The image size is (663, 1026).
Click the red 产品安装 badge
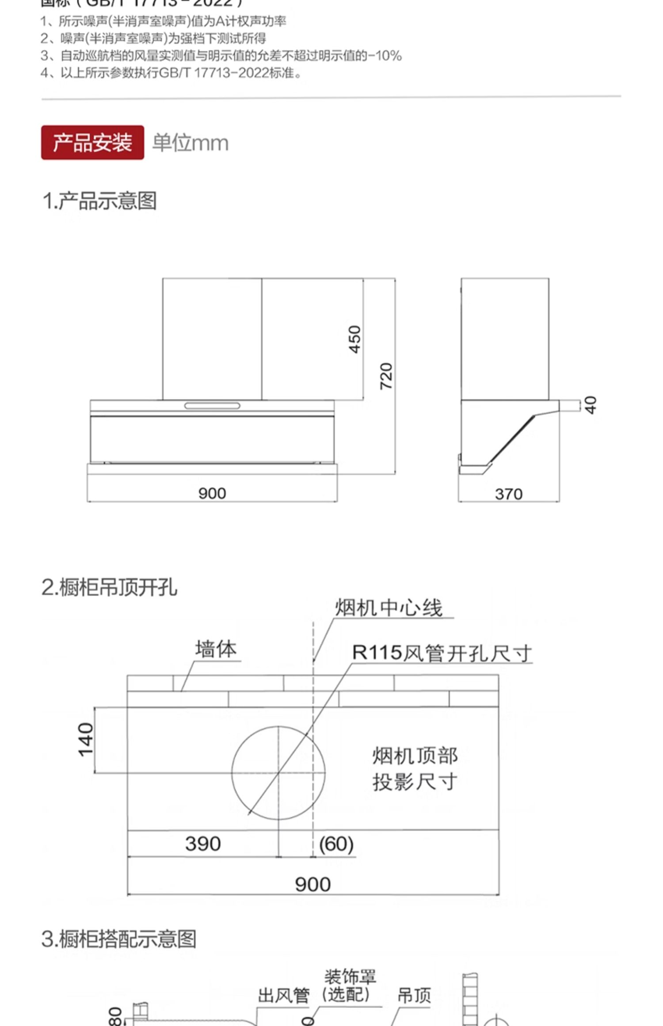point(92,142)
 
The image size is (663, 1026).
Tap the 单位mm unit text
point(191,143)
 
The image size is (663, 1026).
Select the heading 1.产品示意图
point(100,201)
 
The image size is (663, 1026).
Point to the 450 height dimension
point(355,339)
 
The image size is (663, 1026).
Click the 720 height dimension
point(386,376)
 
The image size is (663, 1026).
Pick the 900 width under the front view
point(212,493)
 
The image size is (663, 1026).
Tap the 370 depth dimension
point(509,494)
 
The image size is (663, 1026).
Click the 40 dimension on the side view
point(591,405)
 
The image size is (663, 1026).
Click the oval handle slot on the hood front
point(212,406)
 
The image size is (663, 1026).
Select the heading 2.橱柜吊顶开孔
point(110,588)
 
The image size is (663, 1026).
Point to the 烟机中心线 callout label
point(389,608)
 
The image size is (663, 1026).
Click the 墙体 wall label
point(216,649)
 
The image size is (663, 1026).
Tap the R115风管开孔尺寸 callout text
point(442,653)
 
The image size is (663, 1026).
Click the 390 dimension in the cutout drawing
point(203,844)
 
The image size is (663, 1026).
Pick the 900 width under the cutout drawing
point(313,884)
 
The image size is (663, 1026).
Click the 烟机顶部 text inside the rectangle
point(415,756)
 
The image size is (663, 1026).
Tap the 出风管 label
point(284,995)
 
